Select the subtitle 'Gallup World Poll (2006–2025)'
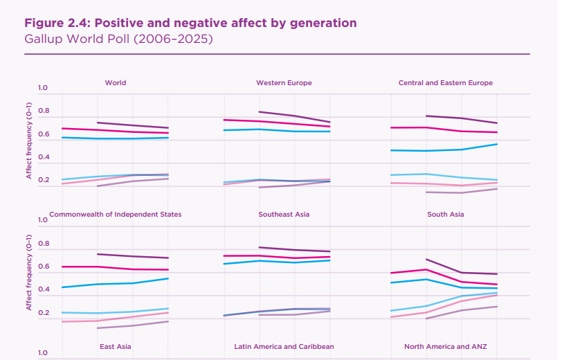[118, 39]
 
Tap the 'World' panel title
[116, 83]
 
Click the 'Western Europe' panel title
[284, 83]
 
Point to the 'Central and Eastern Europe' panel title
[445, 83]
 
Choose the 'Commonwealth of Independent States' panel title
[116, 215]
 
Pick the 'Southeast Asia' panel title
[284, 215]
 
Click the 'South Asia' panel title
[445, 215]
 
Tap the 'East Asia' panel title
[116, 346]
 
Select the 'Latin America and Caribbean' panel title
[284, 346]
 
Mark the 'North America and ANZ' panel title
[445, 346]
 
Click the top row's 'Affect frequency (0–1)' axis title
[30, 139]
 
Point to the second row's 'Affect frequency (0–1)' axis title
[30, 271]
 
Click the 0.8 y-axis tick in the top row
[43, 111]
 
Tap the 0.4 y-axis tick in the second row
[43, 290]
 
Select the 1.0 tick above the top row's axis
[43, 88]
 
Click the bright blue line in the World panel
[114, 138]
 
